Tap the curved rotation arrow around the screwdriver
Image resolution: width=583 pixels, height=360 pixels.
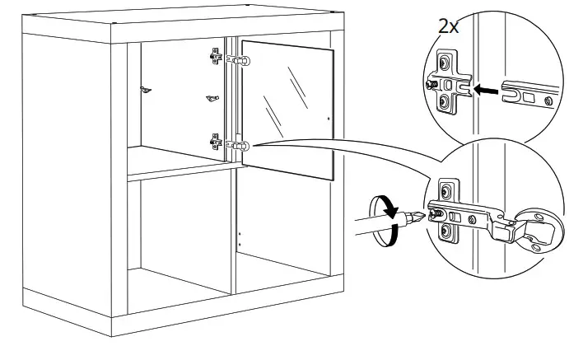coord(385,220)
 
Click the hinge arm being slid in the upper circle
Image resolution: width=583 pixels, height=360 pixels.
coord(531,93)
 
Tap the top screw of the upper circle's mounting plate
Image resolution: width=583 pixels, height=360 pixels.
coord(445,63)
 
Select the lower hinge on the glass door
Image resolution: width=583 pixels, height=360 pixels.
coord(240,146)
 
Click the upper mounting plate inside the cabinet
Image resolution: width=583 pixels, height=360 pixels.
coord(216,58)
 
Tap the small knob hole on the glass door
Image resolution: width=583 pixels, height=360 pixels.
coord(328,119)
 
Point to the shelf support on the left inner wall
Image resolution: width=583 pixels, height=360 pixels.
coord(146,91)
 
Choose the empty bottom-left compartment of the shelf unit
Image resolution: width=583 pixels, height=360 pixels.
coord(181,239)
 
